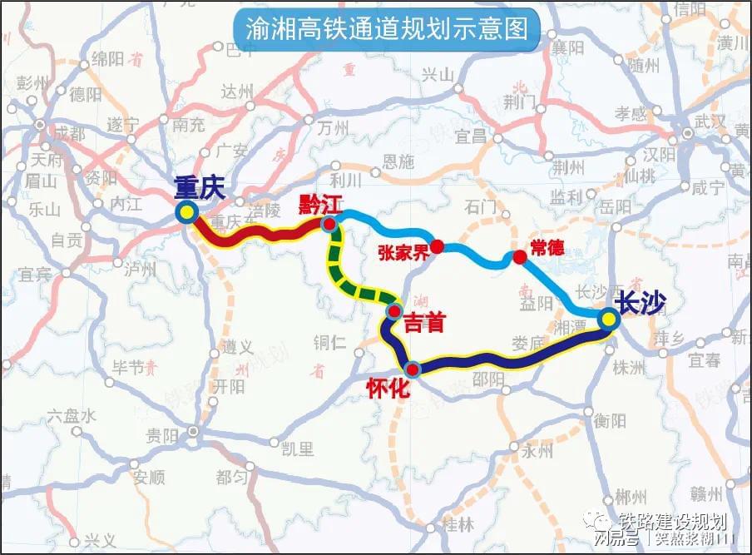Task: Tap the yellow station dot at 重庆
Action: [187, 213]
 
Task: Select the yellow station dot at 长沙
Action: [609, 320]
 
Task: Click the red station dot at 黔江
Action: [329, 224]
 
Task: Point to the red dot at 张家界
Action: [438, 246]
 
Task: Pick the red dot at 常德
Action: [520, 258]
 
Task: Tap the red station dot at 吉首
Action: [393, 313]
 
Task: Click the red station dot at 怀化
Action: [411, 368]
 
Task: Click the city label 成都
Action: [67, 133]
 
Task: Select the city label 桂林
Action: [459, 525]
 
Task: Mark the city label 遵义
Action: [238, 346]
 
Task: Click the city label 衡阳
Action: [611, 421]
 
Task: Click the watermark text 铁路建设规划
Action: [674, 521]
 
